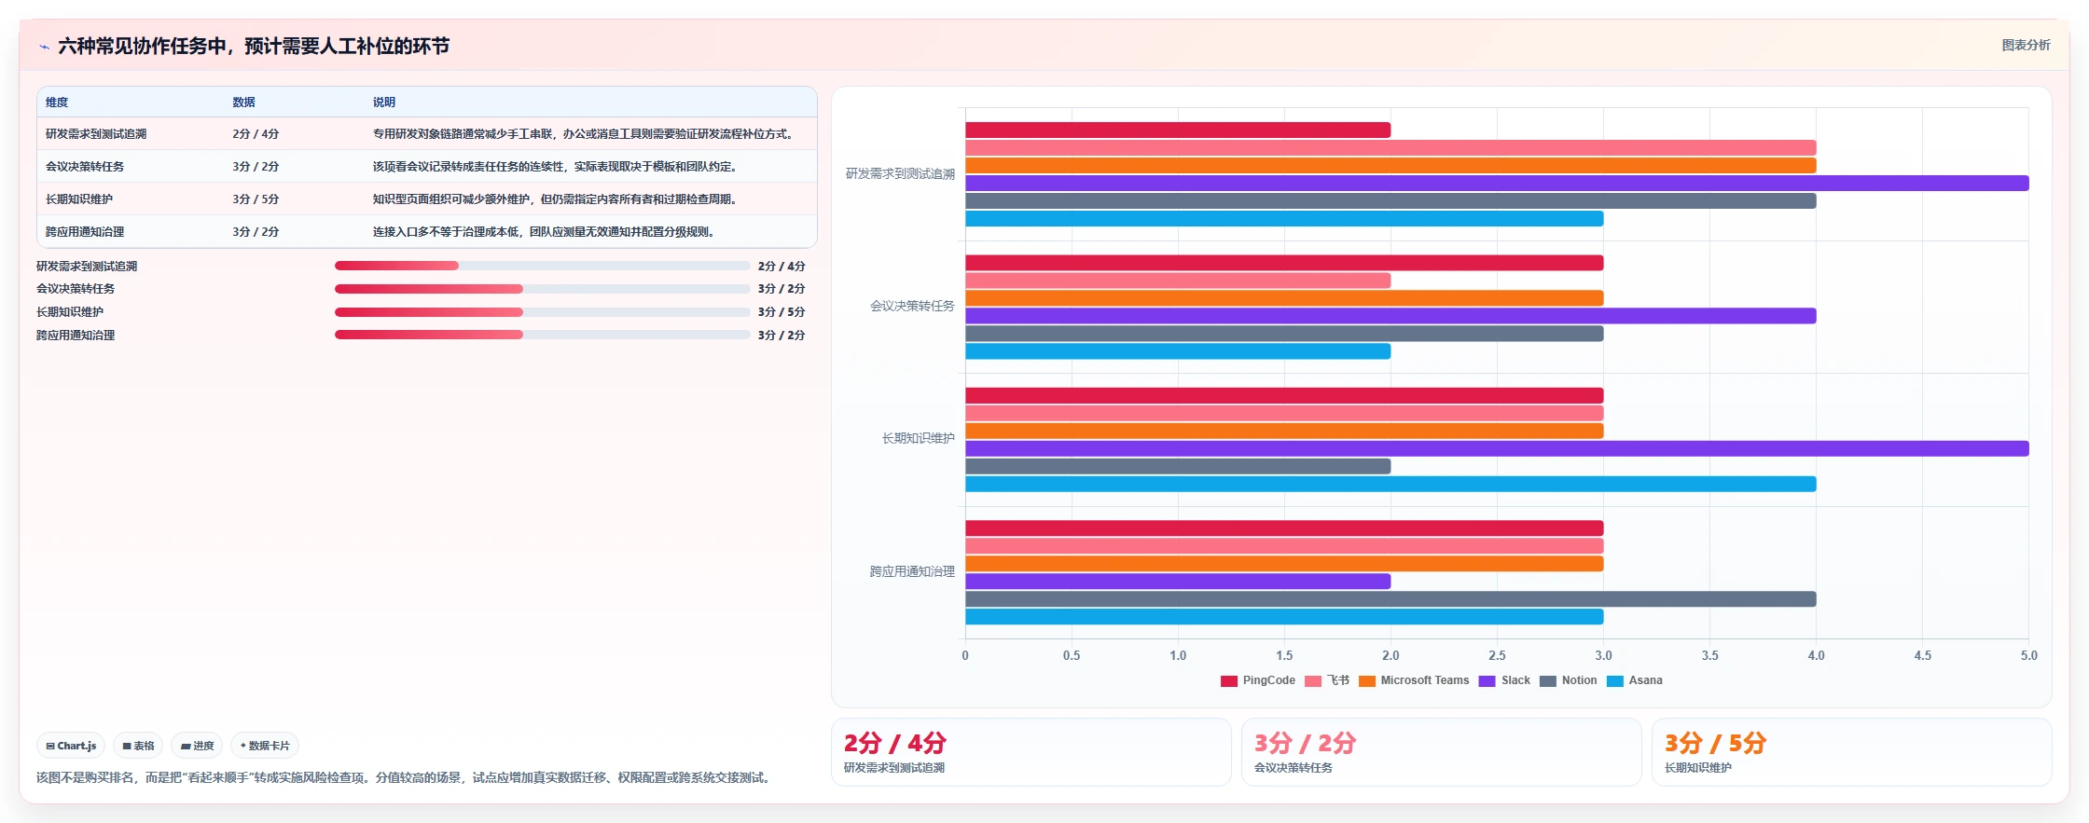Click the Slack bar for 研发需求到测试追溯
pyautogui.click(x=1497, y=184)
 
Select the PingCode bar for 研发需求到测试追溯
pyautogui.click(x=1178, y=130)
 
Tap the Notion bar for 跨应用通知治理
pyautogui.click(x=1390, y=599)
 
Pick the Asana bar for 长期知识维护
pyautogui.click(x=1390, y=485)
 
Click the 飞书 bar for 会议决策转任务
pyautogui.click(x=1178, y=281)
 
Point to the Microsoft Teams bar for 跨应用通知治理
pyautogui.click(x=1284, y=564)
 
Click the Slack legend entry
pyautogui.click(x=1504, y=680)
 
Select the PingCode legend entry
pyautogui.click(x=1258, y=680)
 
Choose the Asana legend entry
pyautogui.click(x=1635, y=680)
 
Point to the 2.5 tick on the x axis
pyautogui.click(x=1497, y=655)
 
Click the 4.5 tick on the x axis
pyautogui.click(x=1923, y=655)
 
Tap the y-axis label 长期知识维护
pyautogui.click(x=919, y=438)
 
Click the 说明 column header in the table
pyautogui.click(x=384, y=103)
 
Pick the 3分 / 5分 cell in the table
pyautogui.click(x=256, y=199)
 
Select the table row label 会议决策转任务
pyautogui.click(x=85, y=167)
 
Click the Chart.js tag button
pyautogui.click(x=71, y=746)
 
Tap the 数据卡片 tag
pyautogui.click(x=265, y=746)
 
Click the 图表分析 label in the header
pyautogui.click(x=2026, y=45)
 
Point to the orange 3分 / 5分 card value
pyautogui.click(x=1715, y=743)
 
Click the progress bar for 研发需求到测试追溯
pyautogui.click(x=543, y=266)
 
